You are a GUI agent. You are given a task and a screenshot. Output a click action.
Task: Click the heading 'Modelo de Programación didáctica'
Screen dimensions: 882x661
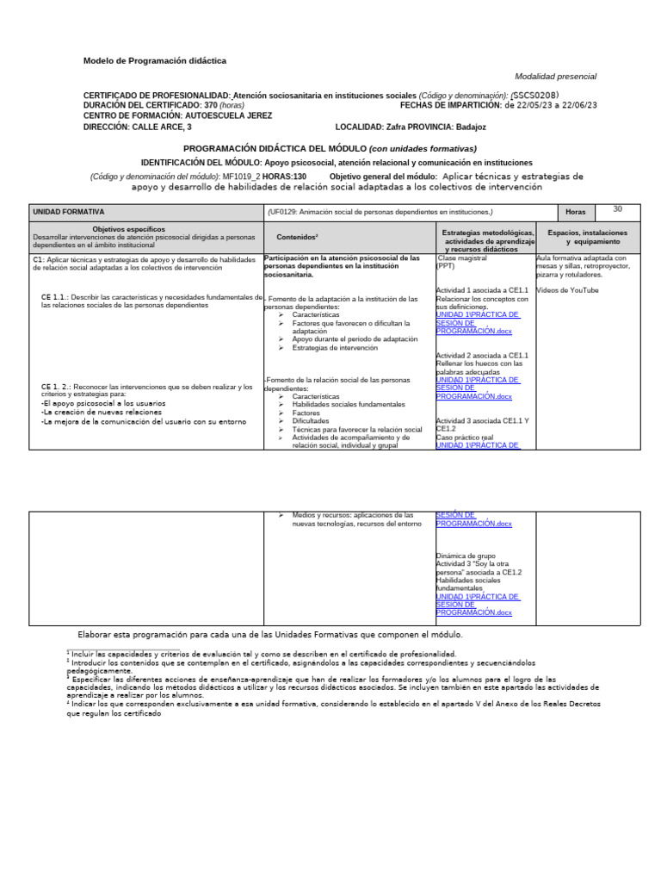155,61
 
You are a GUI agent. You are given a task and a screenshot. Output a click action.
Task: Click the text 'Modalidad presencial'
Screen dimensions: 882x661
555,77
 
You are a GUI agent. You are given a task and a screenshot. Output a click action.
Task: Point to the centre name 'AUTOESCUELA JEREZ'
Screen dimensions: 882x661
228,115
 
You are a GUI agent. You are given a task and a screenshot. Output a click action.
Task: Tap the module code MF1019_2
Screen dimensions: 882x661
242,177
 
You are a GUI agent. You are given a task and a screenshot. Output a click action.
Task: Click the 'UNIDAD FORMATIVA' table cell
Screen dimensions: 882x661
69,212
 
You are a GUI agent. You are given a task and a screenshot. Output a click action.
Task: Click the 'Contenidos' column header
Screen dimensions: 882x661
298,237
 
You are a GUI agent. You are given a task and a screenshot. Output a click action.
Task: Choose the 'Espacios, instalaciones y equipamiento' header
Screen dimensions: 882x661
587,237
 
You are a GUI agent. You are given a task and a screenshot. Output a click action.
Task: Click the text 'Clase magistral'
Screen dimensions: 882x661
464,258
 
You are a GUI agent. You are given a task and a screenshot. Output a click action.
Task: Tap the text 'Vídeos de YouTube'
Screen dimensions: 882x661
567,290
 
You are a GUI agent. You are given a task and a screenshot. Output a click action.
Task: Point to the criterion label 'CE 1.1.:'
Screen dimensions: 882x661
55,297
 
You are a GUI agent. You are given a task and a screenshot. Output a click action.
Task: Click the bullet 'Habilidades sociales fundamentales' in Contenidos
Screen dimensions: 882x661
348,404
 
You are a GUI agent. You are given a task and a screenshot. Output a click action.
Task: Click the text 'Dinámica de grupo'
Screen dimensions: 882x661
466,556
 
